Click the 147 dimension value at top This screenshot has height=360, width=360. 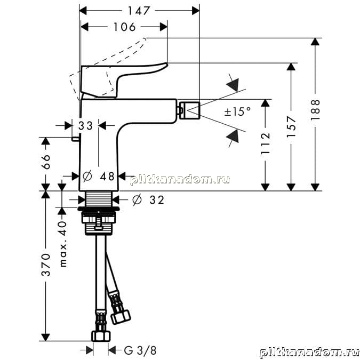[x=139, y=11]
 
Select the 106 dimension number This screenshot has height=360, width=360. [x=125, y=27]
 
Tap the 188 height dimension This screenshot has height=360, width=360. [x=316, y=110]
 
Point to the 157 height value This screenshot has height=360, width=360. [x=291, y=127]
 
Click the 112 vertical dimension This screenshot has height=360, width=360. [x=266, y=143]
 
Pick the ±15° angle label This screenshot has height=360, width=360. [x=237, y=112]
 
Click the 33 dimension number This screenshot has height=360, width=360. [x=85, y=126]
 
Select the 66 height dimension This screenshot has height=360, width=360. [x=46, y=162]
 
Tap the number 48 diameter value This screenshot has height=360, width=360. [x=107, y=177]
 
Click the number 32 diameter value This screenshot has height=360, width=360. [x=157, y=200]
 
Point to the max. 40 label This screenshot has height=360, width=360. [x=63, y=244]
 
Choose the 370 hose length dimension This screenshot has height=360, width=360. [x=46, y=265]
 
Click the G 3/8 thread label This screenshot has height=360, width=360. [x=140, y=350]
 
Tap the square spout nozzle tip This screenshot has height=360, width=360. [x=190, y=110]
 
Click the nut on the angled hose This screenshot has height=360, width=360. [x=121, y=317]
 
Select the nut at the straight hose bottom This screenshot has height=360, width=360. [x=101, y=336]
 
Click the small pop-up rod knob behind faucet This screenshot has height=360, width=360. [x=76, y=139]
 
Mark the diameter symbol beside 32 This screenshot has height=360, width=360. [x=137, y=200]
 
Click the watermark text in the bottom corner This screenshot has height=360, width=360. [x=309, y=353]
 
